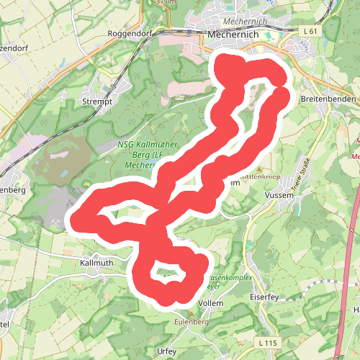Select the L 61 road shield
click(x=310, y=31)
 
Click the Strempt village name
click(x=98, y=102)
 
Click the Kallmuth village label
click(x=97, y=264)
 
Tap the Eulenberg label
click(x=192, y=322)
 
